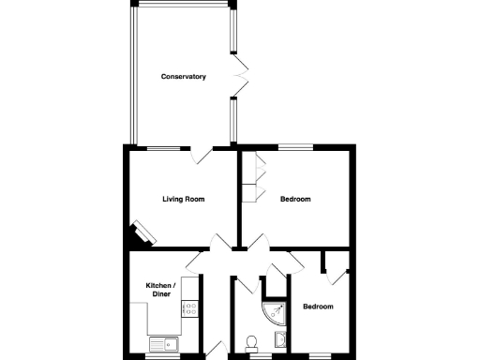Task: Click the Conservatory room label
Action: click(x=183, y=76)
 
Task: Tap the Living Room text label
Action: click(x=183, y=199)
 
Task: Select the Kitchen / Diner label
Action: click(x=157, y=290)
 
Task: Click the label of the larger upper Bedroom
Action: click(x=295, y=199)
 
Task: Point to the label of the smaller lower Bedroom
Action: click(x=317, y=307)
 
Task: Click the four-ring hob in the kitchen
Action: click(x=191, y=308)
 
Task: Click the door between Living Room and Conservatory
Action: click(x=202, y=156)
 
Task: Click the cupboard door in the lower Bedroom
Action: click(x=336, y=273)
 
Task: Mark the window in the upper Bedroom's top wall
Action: click(x=295, y=146)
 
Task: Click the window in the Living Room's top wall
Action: click(x=164, y=146)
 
